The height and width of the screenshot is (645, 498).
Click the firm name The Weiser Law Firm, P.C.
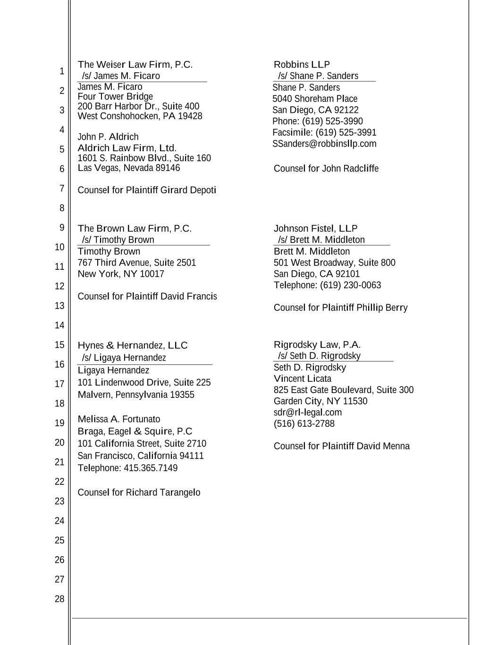point(135,65)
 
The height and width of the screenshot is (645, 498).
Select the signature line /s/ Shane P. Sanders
point(318,76)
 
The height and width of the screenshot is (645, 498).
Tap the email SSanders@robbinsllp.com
point(324,144)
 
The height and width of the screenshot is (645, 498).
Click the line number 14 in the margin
point(59,326)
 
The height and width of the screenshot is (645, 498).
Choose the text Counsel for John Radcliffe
point(326,169)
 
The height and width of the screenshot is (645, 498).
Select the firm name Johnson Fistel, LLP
point(315,229)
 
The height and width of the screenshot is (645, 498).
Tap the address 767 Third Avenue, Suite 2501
point(137,263)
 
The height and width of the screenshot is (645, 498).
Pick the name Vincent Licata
point(303,379)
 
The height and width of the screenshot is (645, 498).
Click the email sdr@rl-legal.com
point(308,413)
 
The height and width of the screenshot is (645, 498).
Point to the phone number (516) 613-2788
point(304,424)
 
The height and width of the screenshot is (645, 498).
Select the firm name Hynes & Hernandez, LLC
point(133,345)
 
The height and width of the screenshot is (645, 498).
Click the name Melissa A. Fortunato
point(119,419)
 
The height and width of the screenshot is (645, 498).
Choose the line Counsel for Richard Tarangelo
point(139,493)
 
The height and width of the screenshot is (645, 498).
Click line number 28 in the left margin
point(59,599)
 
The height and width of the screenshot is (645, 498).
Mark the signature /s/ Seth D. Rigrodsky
point(319,356)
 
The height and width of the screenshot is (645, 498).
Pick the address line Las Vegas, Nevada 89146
point(129,168)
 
